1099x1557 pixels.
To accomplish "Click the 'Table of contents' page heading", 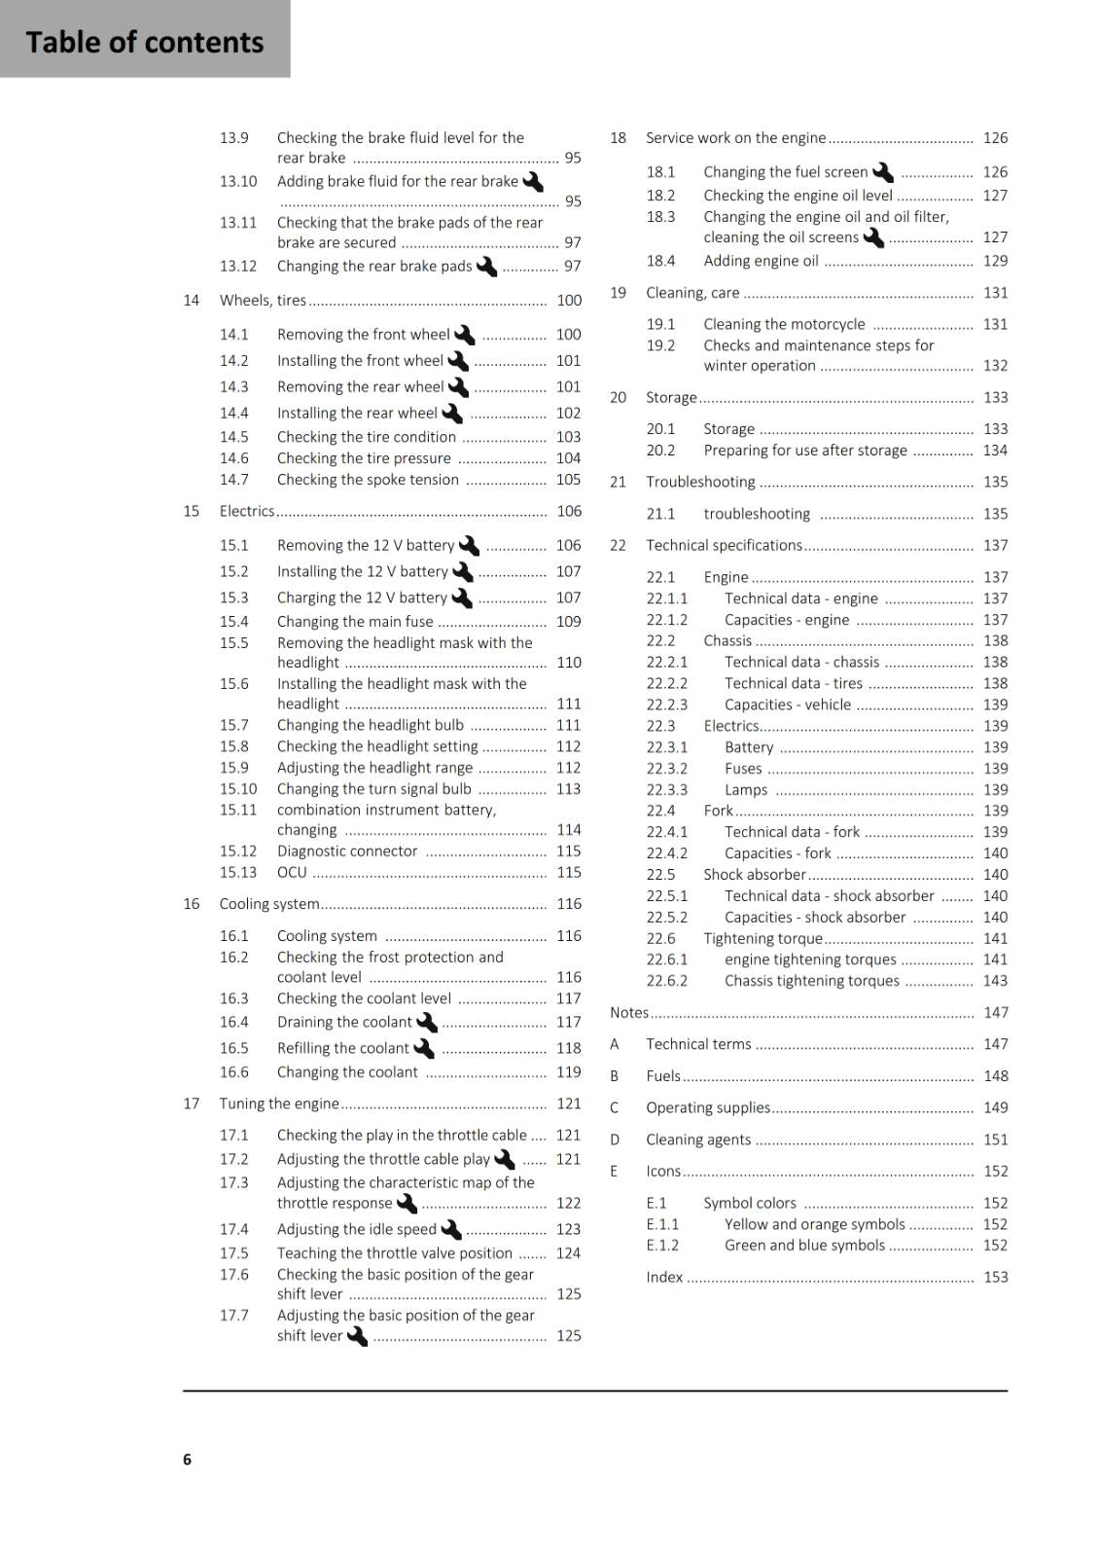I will tap(144, 42).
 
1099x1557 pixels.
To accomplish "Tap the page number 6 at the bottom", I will tap(187, 1459).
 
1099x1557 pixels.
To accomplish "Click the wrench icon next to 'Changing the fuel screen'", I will tap(883, 172).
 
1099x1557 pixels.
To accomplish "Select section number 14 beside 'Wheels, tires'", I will tap(192, 301).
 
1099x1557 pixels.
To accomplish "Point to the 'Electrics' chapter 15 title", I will tap(247, 511).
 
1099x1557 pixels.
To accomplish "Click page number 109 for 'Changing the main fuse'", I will tap(568, 622).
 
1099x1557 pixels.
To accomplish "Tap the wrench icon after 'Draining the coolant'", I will tap(427, 1023).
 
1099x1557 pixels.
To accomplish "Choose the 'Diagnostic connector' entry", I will tap(347, 851).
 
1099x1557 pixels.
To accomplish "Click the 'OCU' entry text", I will tap(292, 873).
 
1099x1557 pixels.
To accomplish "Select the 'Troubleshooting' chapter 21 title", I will tap(700, 482).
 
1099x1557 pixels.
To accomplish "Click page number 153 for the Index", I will tap(995, 1277).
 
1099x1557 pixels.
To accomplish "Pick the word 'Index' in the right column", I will tap(664, 1277).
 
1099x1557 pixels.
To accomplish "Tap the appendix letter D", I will tap(615, 1140).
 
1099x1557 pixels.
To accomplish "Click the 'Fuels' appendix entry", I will tap(663, 1076).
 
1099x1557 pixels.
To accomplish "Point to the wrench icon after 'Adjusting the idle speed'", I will tap(451, 1230).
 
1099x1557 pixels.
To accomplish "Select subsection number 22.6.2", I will tap(666, 981).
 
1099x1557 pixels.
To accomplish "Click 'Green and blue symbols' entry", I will tap(804, 1246).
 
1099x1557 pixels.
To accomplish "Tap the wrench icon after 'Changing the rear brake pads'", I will tap(486, 266).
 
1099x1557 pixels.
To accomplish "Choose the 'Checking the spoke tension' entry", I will tap(368, 480).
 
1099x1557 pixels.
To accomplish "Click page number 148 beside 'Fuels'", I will tap(995, 1076).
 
